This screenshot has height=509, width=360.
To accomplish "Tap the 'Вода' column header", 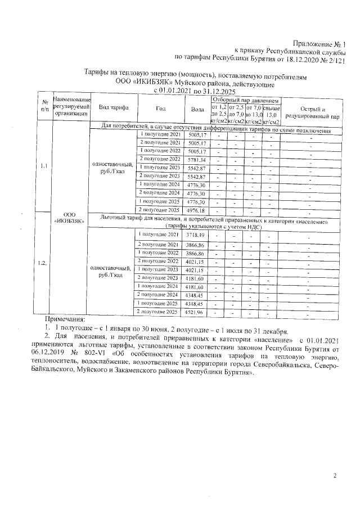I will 197,109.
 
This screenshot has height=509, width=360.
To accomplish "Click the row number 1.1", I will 44,166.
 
